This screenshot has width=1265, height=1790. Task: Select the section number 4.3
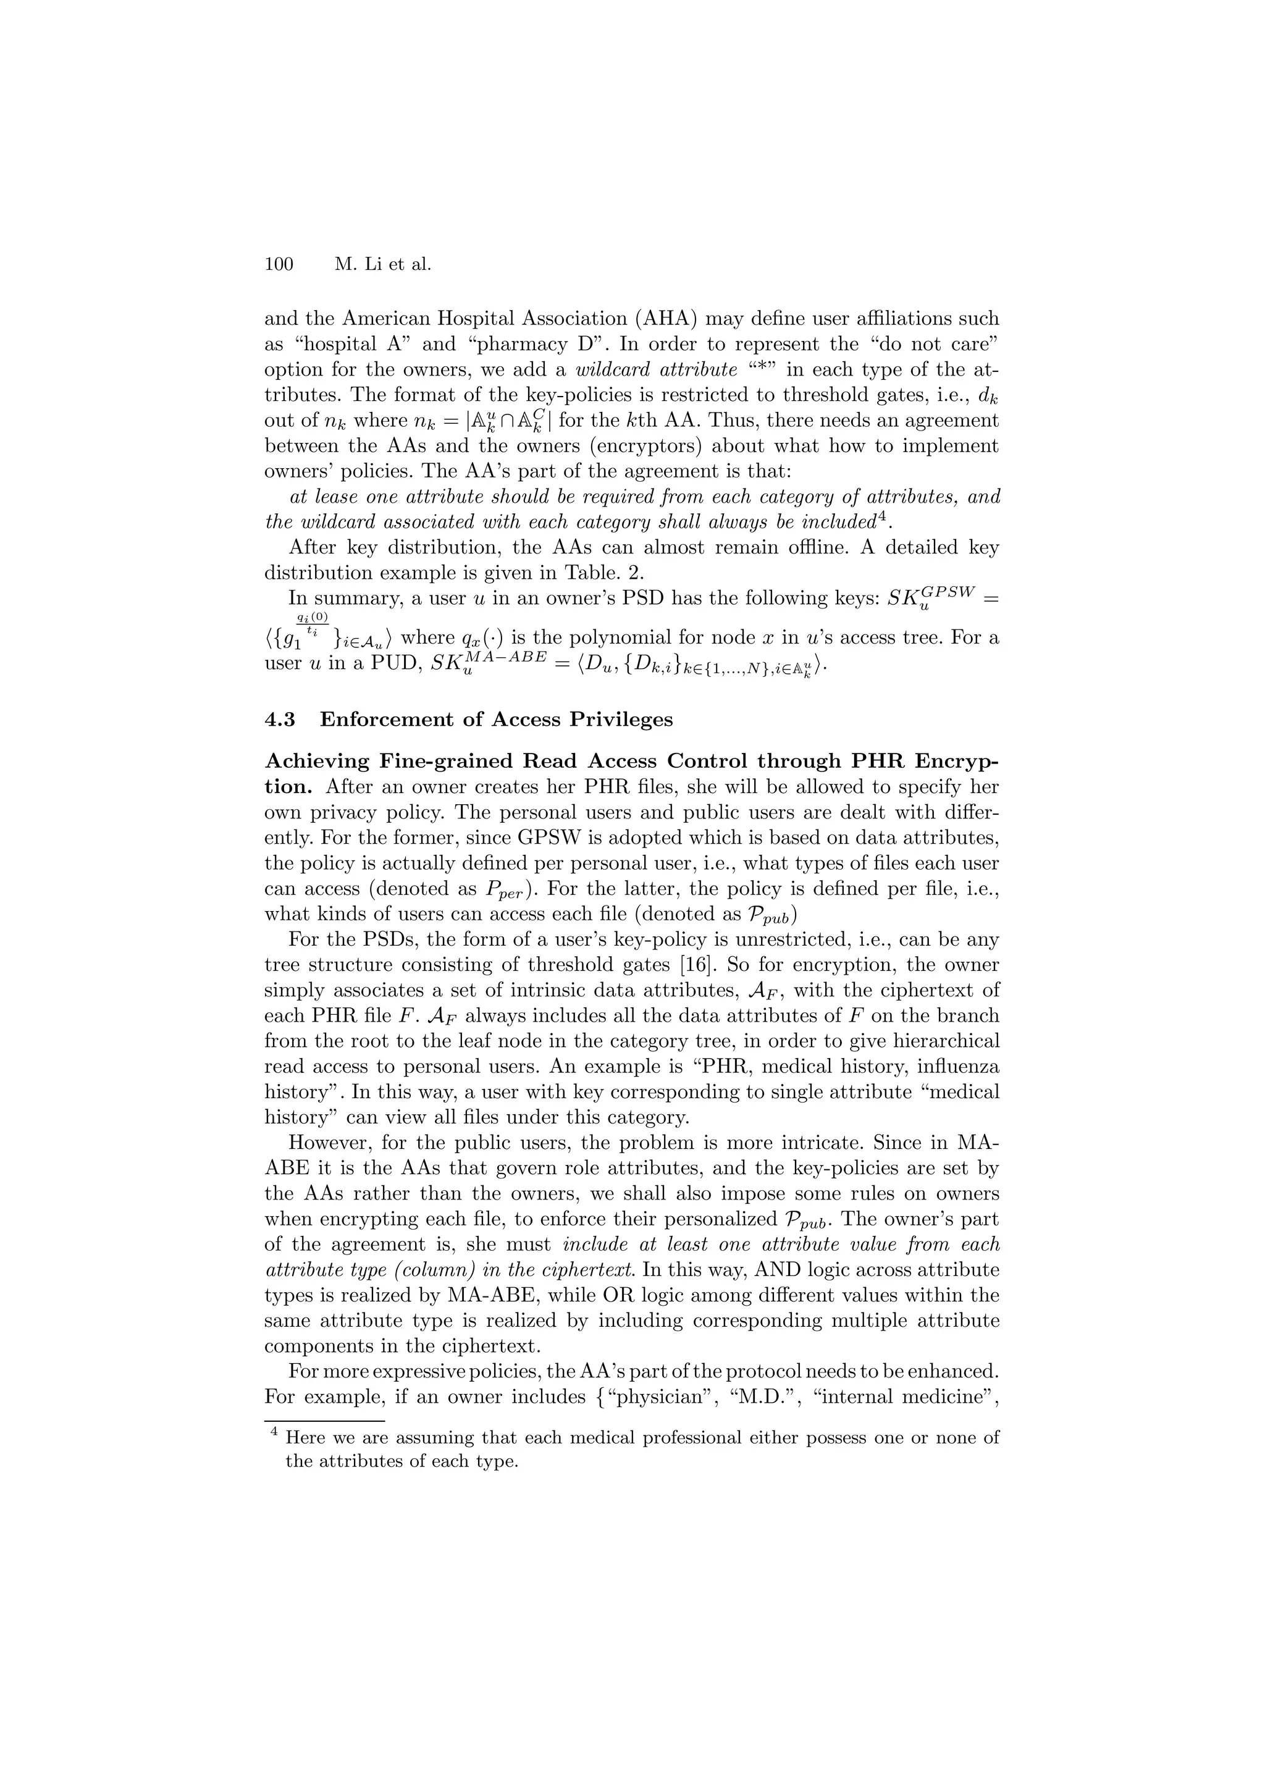click(x=280, y=719)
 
